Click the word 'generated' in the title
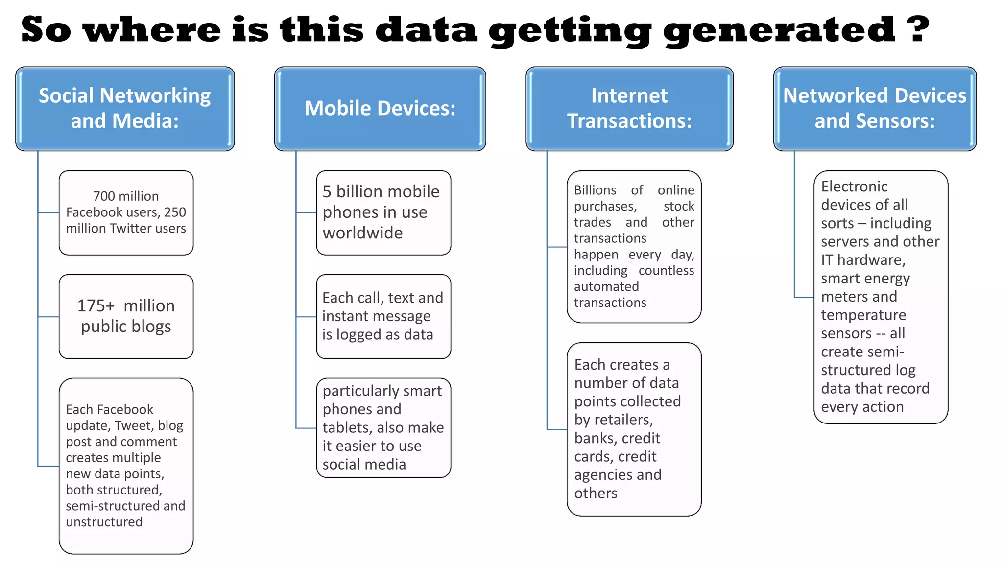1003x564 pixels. (779, 30)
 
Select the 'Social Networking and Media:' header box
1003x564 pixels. (125, 109)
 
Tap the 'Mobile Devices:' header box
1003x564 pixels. (380, 109)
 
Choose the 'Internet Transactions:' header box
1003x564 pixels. (629, 109)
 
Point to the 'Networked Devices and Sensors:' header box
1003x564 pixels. (875, 109)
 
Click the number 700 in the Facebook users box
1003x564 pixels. (103, 196)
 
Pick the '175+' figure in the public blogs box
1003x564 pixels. (96, 306)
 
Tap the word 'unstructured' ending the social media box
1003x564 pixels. (104, 522)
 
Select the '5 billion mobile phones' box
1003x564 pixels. (383, 212)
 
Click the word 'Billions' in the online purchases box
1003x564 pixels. (595, 190)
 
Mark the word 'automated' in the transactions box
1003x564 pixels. (606, 286)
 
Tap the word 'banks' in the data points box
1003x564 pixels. (593, 438)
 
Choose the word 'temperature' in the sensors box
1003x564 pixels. (863, 315)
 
